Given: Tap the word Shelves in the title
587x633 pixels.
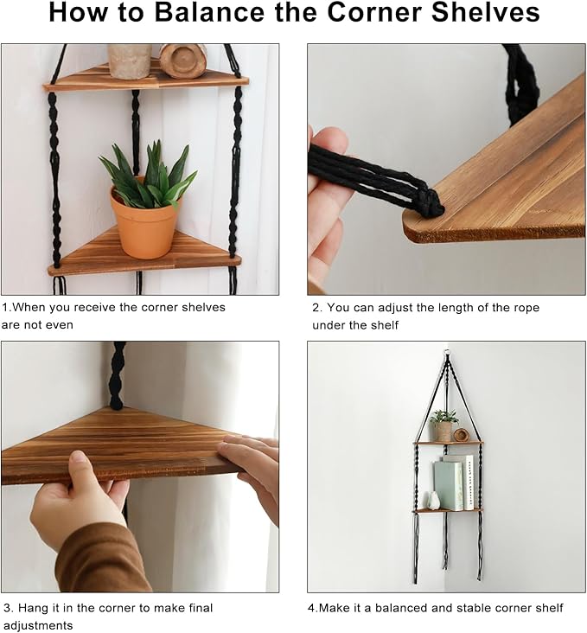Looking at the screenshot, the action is click(486, 12).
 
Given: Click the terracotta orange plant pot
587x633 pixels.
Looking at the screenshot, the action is click(144, 222).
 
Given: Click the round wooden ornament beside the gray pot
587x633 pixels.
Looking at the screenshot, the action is click(183, 61).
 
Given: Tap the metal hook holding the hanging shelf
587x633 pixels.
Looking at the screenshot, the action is click(446, 354).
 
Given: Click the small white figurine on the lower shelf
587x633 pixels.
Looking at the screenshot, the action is click(433, 501).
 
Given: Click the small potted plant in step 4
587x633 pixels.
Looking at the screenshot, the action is click(443, 426).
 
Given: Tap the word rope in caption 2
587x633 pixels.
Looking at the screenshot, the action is click(526, 308).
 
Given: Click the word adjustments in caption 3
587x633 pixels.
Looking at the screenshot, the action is click(38, 626).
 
